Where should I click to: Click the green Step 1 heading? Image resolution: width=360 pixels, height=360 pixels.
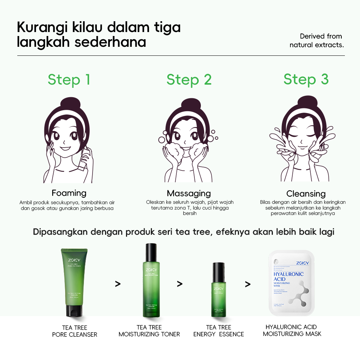pyautogui.click(x=69, y=80)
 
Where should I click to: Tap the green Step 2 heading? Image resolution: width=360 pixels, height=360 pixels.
pyautogui.click(x=189, y=80)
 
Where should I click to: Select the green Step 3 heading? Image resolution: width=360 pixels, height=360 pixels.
pyautogui.click(x=306, y=80)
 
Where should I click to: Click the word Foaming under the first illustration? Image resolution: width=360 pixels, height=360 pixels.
pyautogui.click(x=69, y=193)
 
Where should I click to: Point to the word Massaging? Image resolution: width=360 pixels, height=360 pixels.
pyautogui.click(x=189, y=193)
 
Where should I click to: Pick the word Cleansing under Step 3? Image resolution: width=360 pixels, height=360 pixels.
pyautogui.click(x=306, y=194)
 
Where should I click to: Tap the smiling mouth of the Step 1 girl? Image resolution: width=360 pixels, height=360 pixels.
pyautogui.click(x=65, y=147)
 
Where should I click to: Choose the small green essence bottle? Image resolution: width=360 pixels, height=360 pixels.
pyautogui.click(x=219, y=290)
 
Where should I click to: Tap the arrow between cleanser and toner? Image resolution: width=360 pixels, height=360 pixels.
pyautogui.click(x=118, y=284)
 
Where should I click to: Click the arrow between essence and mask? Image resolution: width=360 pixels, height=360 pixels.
pyautogui.click(x=248, y=284)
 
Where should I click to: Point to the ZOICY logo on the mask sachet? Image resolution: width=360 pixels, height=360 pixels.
pyautogui.click(x=302, y=263)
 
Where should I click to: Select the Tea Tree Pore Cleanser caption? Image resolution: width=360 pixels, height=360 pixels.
pyautogui.click(x=75, y=331)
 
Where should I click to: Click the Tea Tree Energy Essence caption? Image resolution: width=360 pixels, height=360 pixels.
pyautogui.click(x=219, y=330)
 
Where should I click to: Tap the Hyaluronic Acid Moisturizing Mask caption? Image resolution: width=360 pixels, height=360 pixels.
pyautogui.click(x=292, y=330)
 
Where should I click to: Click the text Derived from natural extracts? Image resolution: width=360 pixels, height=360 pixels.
pyautogui.click(x=316, y=41)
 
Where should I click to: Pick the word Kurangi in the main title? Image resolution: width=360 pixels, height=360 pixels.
pyautogui.click(x=40, y=27)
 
